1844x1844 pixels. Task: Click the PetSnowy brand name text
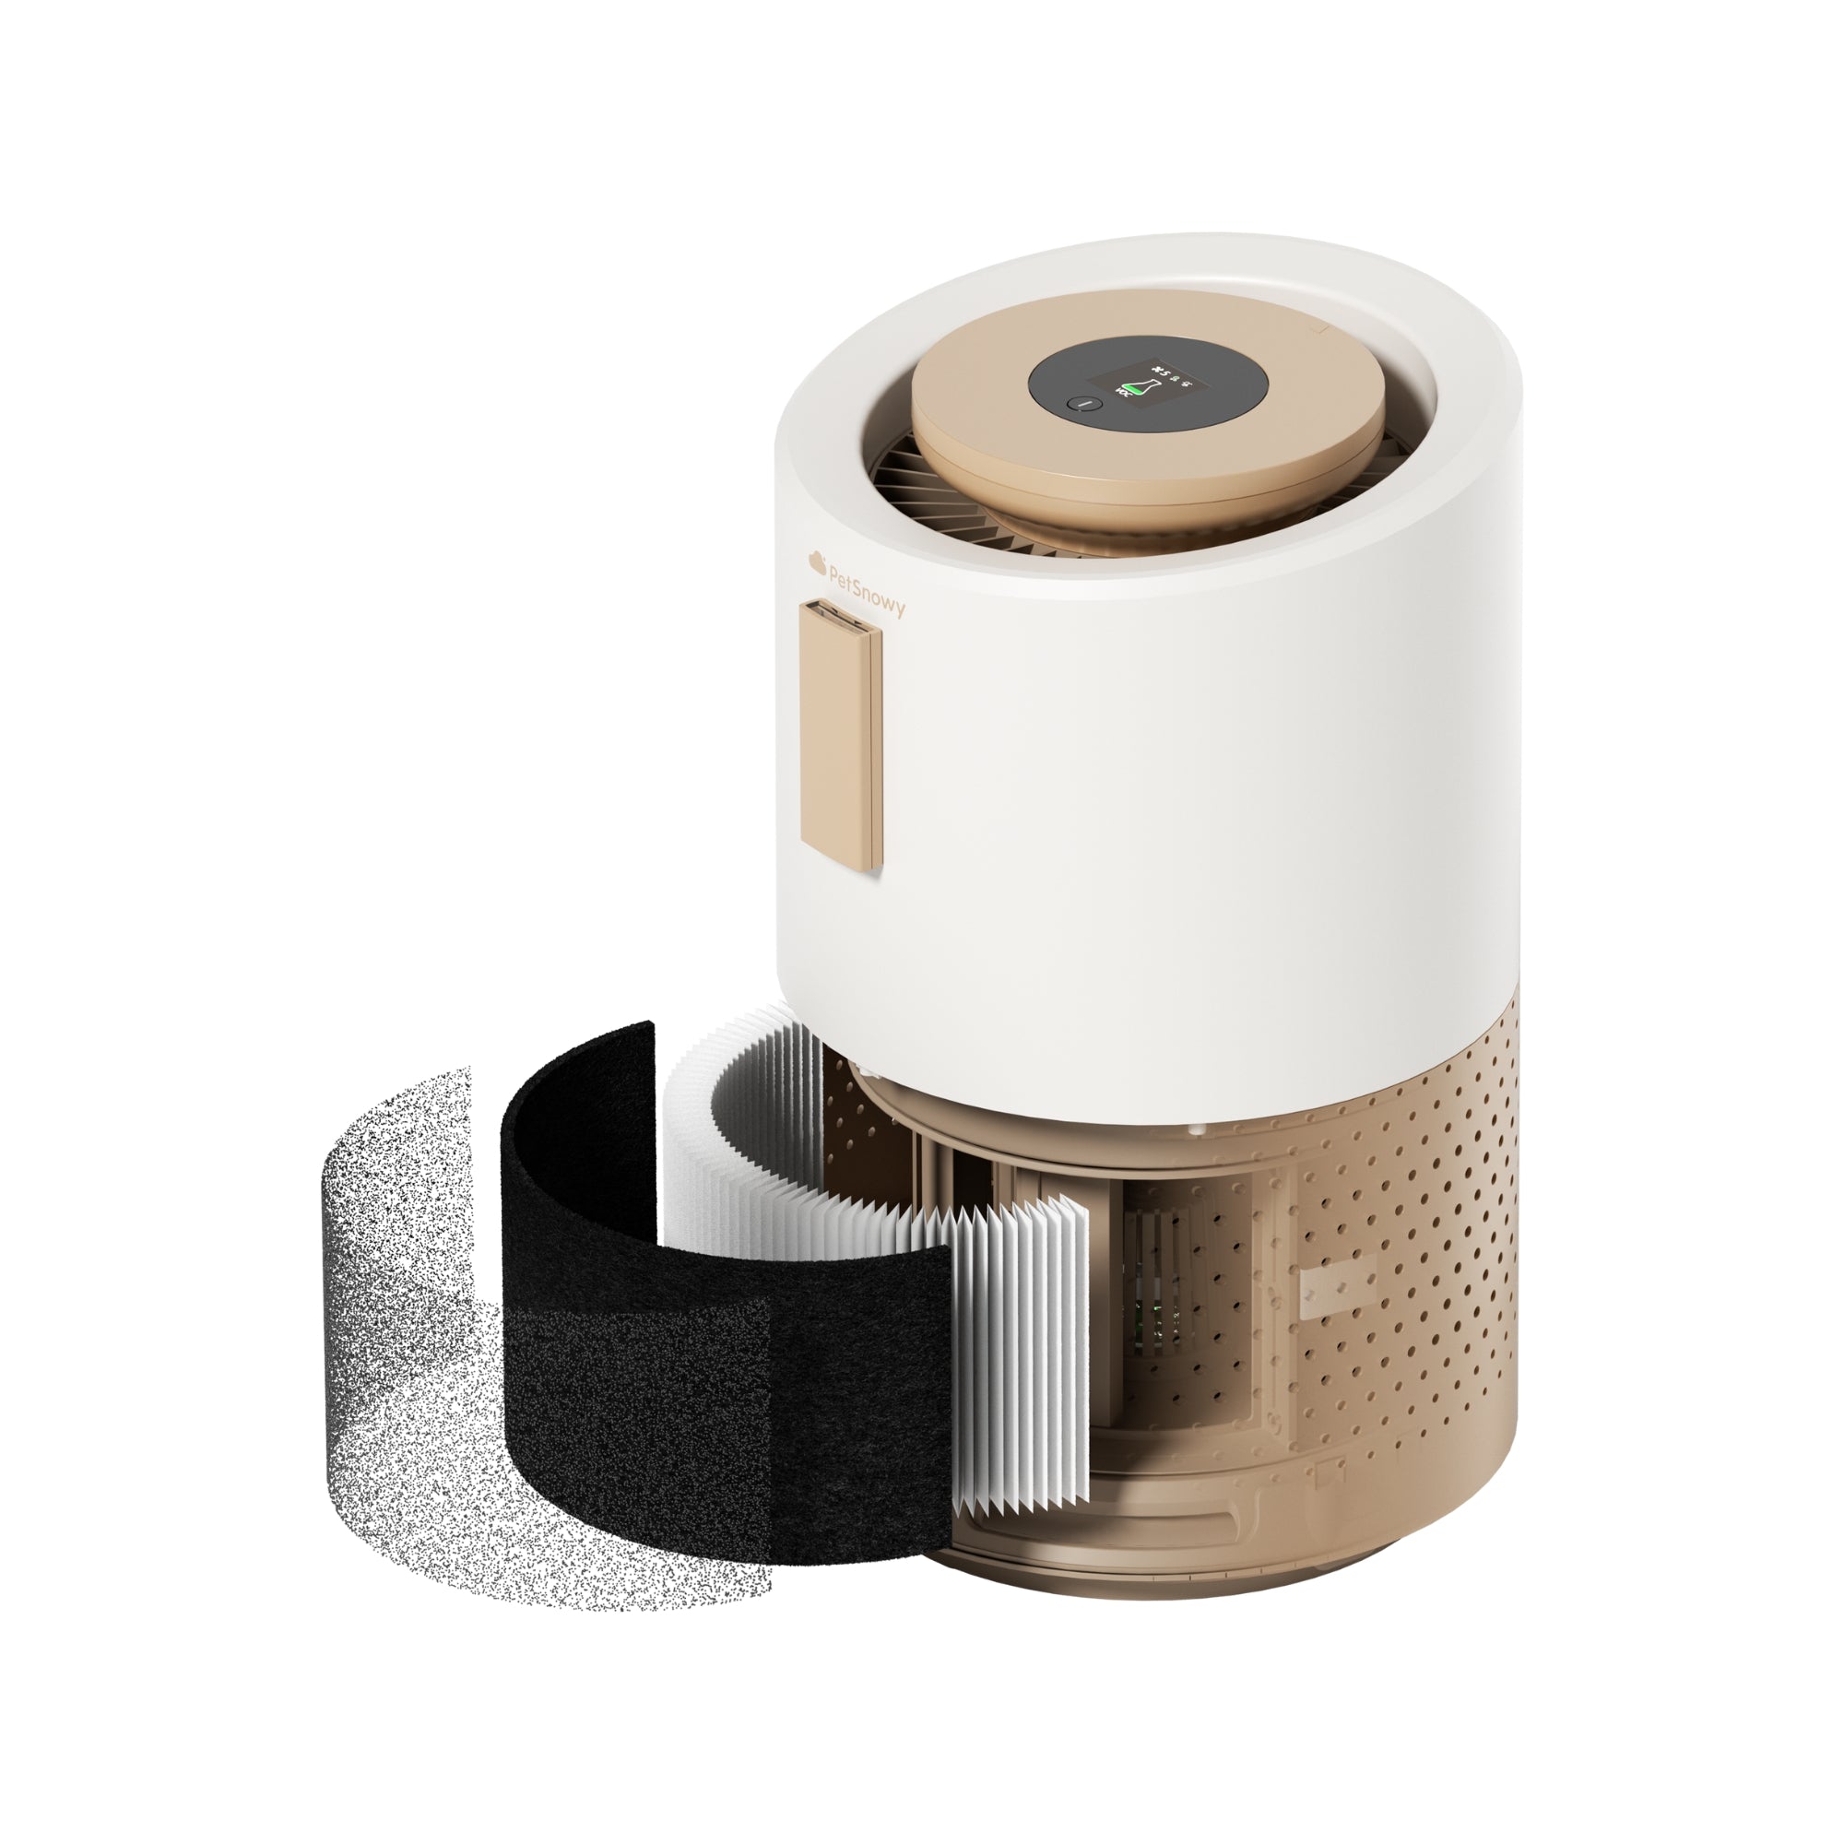tap(864, 590)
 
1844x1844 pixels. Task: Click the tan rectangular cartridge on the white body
tap(840, 744)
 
